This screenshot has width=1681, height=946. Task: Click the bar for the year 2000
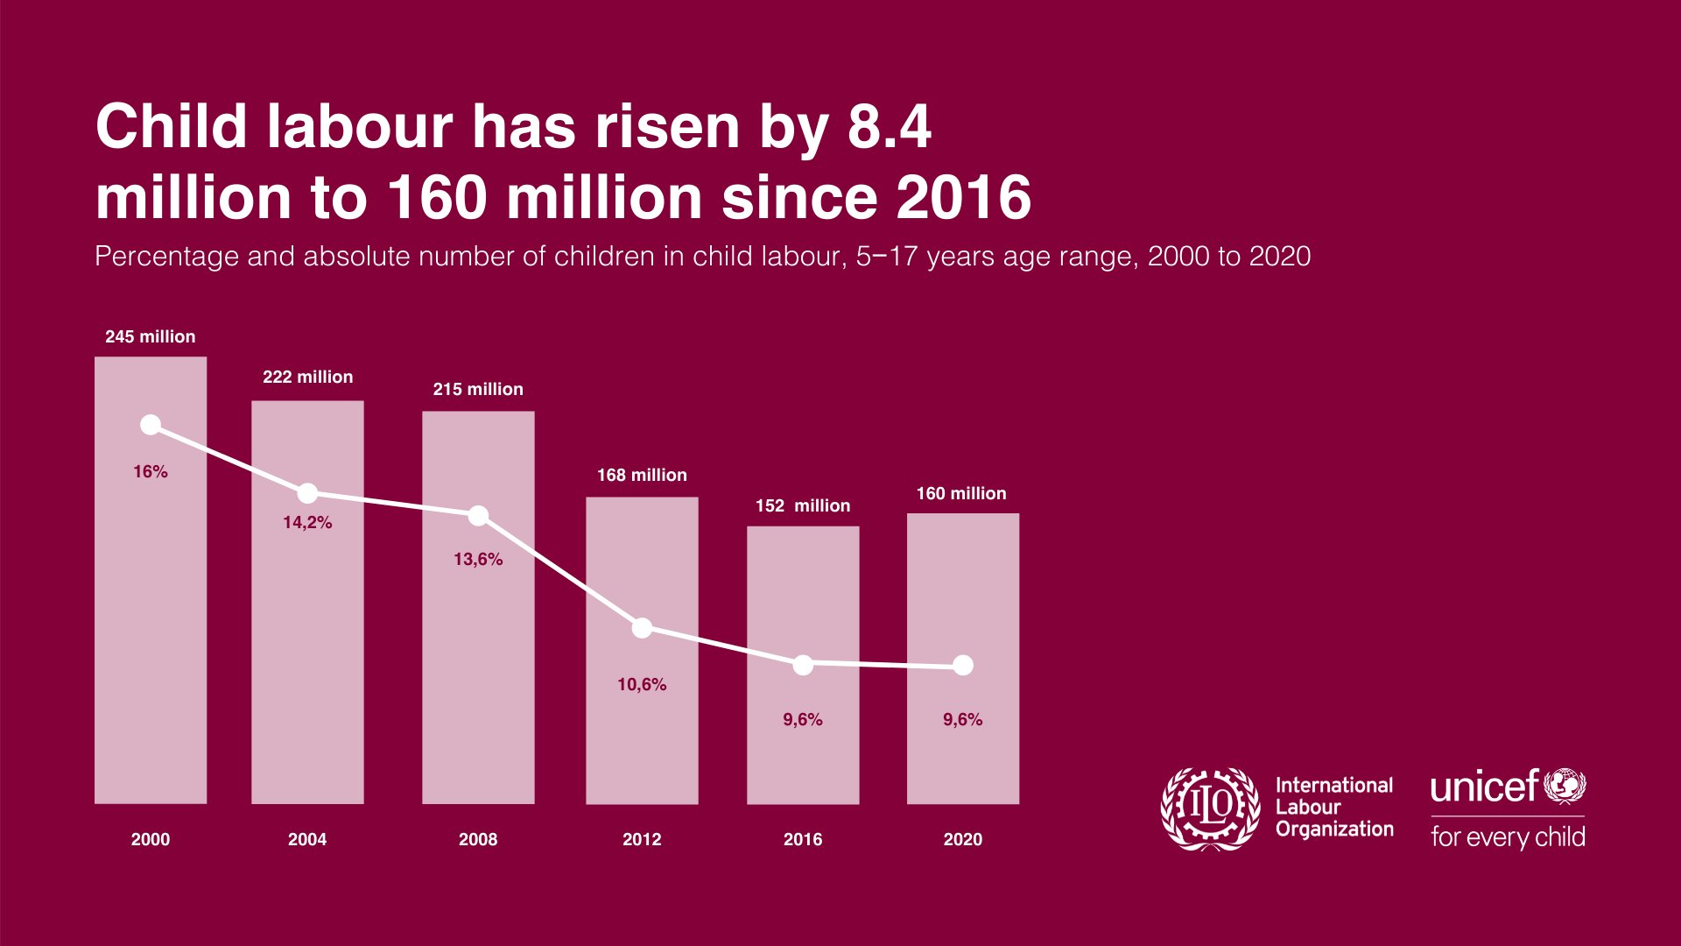coord(151,613)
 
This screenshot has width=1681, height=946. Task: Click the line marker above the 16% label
coord(151,425)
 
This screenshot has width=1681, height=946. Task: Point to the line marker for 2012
coord(642,628)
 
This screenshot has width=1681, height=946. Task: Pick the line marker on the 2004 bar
coord(307,493)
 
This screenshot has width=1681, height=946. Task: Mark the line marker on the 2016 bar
coord(803,665)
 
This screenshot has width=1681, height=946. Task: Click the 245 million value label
coord(151,336)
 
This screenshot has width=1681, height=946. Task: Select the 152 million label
coord(803,505)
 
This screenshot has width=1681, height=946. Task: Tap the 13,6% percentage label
coord(478,559)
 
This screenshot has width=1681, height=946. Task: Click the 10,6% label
coord(642,684)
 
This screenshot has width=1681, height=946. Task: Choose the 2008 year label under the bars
coord(478,839)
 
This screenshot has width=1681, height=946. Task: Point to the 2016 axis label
coord(803,839)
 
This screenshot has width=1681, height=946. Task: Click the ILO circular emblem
coord(1211,808)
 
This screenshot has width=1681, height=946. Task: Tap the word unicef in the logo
coord(1484,787)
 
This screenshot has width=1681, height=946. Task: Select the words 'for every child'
coord(1508,837)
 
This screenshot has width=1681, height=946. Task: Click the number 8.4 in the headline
coord(889,127)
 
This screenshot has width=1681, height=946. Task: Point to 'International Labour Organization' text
coord(1333,807)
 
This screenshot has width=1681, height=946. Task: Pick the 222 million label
coord(307,377)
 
